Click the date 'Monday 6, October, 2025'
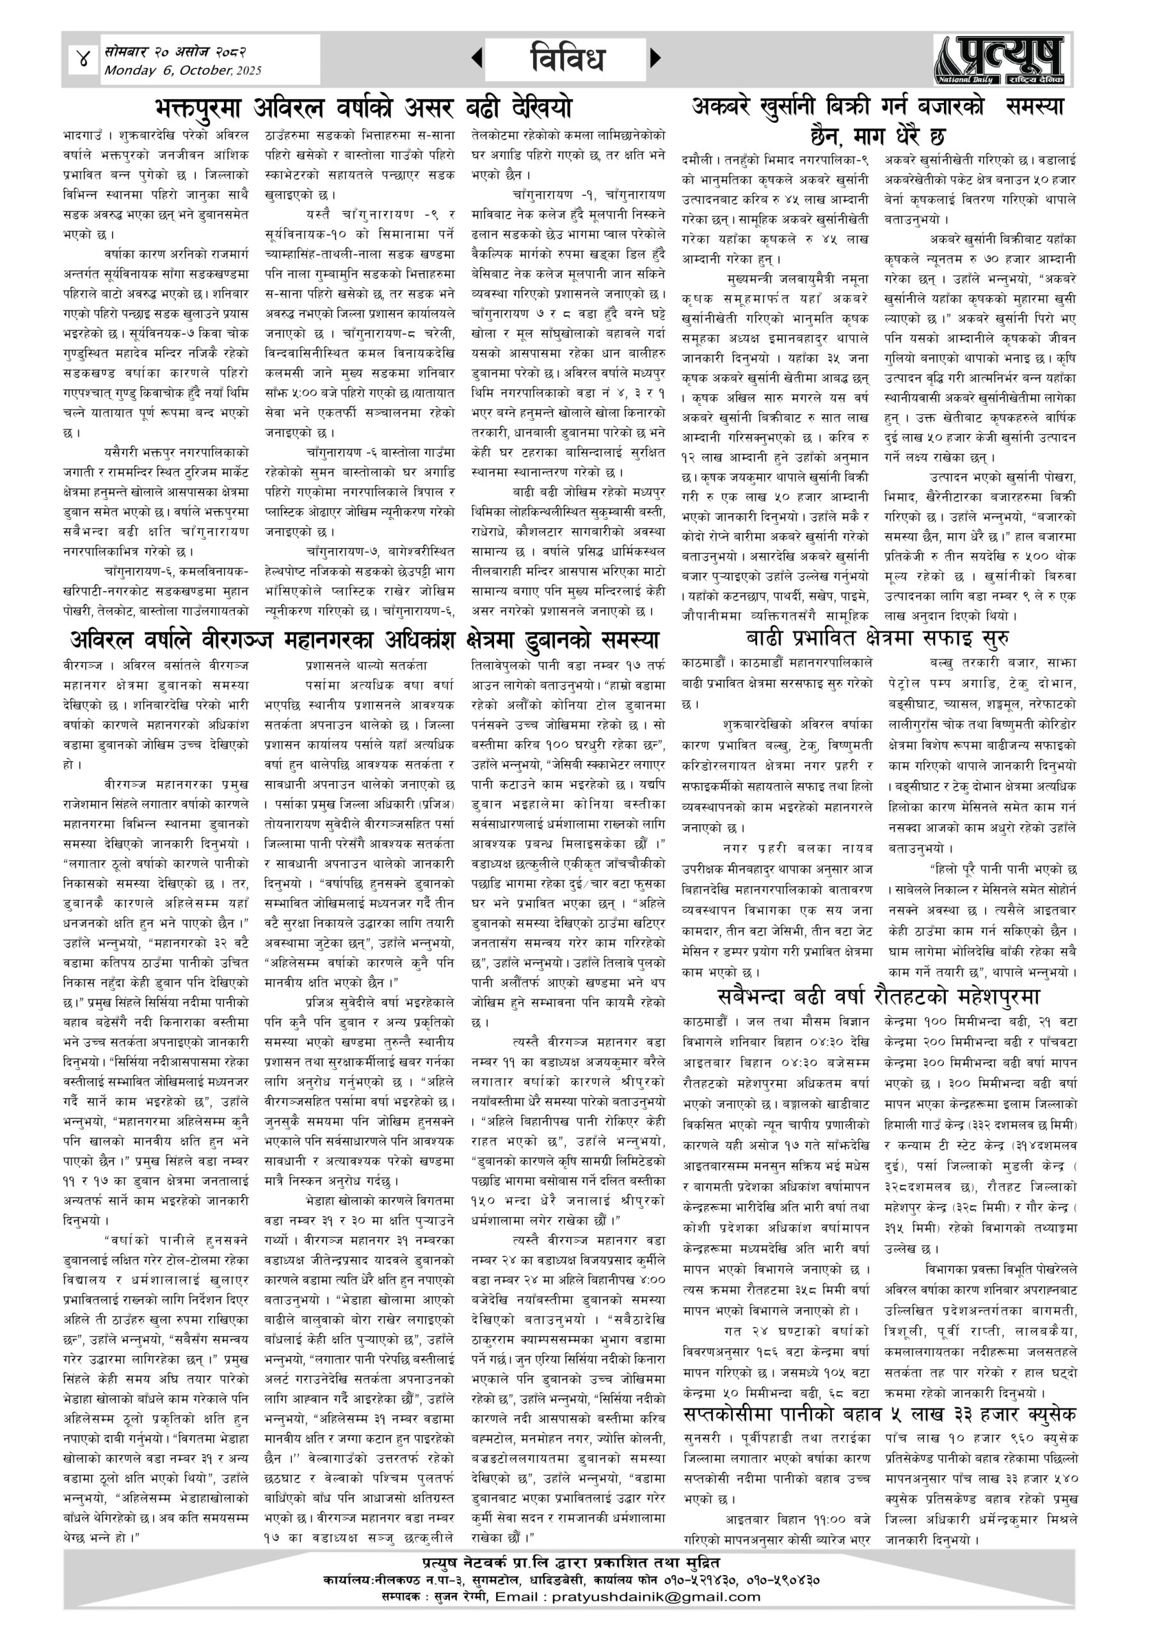click(x=182, y=70)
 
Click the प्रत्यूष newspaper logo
click(x=1000, y=60)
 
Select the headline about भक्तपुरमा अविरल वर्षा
click(x=364, y=108)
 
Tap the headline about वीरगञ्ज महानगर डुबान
click(x=364, y=638)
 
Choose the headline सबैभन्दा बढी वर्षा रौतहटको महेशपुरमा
click(x=879, y=996)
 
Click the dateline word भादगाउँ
click(x=85, y=135)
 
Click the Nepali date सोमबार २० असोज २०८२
click(x=175, y=51)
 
